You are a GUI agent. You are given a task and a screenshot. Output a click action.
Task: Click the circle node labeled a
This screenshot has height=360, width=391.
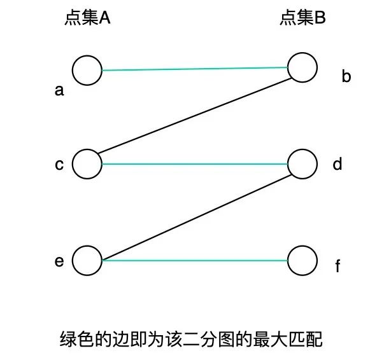[x=87, y=70]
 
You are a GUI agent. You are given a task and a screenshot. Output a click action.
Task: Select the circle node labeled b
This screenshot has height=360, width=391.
[x=302, y=67]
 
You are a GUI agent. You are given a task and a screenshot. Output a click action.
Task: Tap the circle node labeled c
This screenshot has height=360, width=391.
[x=87, y=164]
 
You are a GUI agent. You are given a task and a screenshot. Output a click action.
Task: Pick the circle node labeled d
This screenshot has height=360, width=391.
[x=302, y=164]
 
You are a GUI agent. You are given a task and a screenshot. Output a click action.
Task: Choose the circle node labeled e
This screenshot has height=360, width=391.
[x=87, y=260]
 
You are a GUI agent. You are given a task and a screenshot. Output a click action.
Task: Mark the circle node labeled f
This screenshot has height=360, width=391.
[x=302, y=260]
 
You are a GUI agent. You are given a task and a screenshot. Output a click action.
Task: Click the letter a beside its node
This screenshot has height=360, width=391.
[x=59, y=91]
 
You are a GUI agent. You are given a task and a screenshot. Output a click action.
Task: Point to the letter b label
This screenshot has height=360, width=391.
[x=346, y=78]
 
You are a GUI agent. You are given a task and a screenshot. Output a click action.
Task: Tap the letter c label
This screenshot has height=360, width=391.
[x=59, y=165]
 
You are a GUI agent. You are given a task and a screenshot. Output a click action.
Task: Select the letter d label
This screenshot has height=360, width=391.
[x=338, y=164]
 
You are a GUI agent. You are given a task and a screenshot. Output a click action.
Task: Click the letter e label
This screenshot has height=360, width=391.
[x=59, y=260]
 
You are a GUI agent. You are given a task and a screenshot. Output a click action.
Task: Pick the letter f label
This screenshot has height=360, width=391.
[x=338, y=266]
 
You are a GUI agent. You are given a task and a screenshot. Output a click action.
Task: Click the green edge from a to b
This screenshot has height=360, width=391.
[x=194, y=68]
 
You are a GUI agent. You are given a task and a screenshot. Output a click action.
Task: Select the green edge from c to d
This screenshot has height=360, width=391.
[x=194, y=164]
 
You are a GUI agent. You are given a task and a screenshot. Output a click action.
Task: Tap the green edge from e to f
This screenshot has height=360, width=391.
[x=194, y=260]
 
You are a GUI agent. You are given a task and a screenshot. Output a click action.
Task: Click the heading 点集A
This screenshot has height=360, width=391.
[x=87, y=18]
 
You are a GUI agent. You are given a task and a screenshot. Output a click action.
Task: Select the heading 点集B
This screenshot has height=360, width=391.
[x=302, y=18]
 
